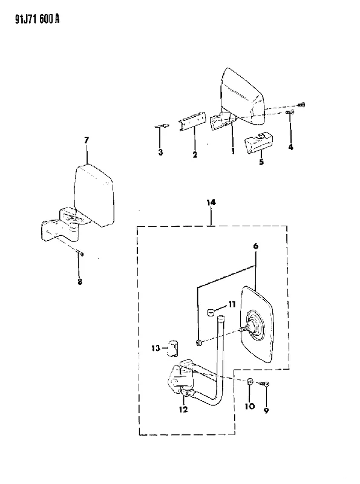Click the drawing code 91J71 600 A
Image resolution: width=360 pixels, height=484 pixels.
pyautogui.click(x=37, y=19)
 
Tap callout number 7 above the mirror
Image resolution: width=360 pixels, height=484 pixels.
pyautogui.click(x=87, y=140)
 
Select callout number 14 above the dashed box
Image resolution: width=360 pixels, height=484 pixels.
pyautogui.click(x=211, y=203)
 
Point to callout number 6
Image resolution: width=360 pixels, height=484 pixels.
pyautogui.click(x=256, y=246)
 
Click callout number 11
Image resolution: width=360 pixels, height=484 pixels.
pyautogui.click(x=232, y=305)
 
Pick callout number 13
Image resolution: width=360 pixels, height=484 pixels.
pyautogui.click(x=155, y=348)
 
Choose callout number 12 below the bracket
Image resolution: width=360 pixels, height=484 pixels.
pyautogui.click(x=183, y=410)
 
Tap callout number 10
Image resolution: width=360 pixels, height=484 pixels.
pyautogui.click(x=250, y=406)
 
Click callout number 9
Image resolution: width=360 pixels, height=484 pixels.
pyautogui.click(x=266, y=411)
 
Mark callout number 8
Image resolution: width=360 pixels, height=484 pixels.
pyautogui.click(x=80, y=281)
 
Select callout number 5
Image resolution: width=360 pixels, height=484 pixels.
pyautogui.click(x=261, y=162)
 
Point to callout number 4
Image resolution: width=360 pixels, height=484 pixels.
pyautogui.click(x=290, y=147)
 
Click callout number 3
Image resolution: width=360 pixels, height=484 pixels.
pyautogui.click(x=160, y=152)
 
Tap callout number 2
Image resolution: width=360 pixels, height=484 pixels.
pyautogui.click(x=195, y=155)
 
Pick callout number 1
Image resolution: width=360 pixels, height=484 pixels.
pyautogui.click(x=233, y=151)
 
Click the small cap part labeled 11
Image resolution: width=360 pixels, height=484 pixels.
pyautogui.click(x=211, y=313)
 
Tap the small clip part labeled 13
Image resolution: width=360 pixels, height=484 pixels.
pyautogui.click(x=173, y=348)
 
